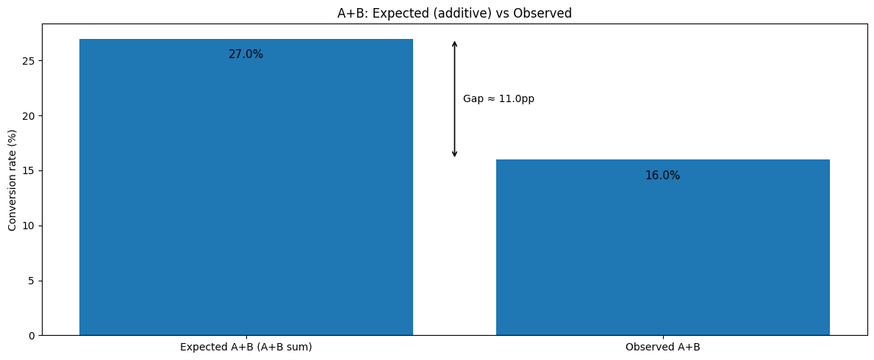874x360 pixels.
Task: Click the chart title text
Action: pyautogui.click(x=454, y=12)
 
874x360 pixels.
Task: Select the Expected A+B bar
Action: pyautogui.click(x=246, y=191)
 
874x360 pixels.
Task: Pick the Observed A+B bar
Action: pyautogui.click(x=662, y=250)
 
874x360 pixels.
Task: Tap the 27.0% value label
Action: pyautogui.click(x=246, y=54)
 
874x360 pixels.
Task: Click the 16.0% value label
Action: pyautogui.click(x=662, y=176)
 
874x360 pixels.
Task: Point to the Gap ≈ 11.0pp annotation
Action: pyautogui.click(x=498, y=99)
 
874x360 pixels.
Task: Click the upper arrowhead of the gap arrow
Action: pyautogui.click(x=454, y=43)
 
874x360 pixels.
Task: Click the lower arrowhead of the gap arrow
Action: pyautogui.click(x=454, y=154)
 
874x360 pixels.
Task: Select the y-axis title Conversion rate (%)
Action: pyautogui.click(x=12, y=180)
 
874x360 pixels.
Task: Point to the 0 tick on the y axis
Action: pyautogui.click(x=32, y=336)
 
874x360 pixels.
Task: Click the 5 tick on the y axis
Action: pyautogui.click(x=32, y=281)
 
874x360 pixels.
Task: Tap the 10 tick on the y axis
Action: pyautogui.click(x=29, y=226)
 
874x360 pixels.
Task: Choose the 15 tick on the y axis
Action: pyautogui.click(x=29, y=170)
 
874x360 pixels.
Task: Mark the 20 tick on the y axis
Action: pyautogui.click(x=29, y=115)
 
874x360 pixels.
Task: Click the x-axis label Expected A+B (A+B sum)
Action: pyautogui.click(x=246, y=347)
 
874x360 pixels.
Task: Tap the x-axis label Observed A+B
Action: pyautogui.click(x=662, y=347)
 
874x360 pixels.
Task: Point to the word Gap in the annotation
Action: pyautogui.click(x=473, y=99)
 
